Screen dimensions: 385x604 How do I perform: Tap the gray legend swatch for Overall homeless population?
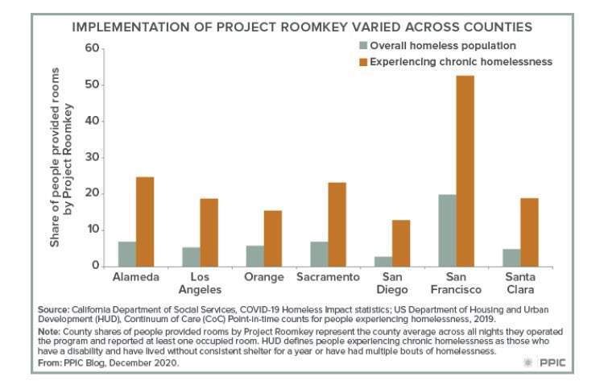click(364, 46)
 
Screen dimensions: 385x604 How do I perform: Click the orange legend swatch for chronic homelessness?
click(364, 62)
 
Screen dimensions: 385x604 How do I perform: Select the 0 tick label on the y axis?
click(94, 266)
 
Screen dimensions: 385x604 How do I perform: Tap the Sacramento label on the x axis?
click(329, 278)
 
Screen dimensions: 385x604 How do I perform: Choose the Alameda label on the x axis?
click(135, 278)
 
